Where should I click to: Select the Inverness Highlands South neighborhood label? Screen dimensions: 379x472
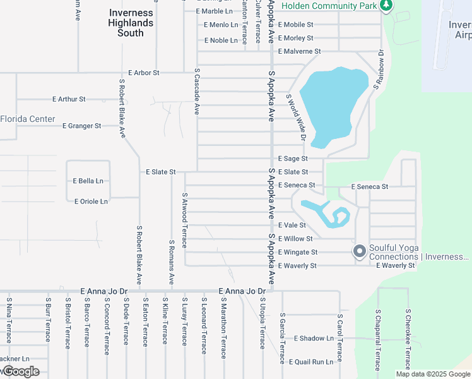tap(131, 23)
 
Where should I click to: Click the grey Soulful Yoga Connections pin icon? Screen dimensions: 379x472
tap(360, 252)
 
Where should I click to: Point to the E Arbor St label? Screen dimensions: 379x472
tap(143, 73)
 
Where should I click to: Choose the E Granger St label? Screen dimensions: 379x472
tap(81, 126)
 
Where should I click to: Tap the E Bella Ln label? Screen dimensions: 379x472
tap(88, 181)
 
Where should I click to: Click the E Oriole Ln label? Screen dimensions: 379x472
tap(91, 202)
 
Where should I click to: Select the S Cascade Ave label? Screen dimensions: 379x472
tap(197, 91)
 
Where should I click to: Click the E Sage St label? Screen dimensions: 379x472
tap(293, 159)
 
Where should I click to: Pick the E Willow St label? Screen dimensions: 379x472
tap(295, 239)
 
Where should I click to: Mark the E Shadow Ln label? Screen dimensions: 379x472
tap(314, 339)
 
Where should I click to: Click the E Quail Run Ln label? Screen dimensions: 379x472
tap(310, 362)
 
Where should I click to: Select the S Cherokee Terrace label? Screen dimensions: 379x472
tap(408, 339)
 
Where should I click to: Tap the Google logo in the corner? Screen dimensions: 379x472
tap(20, 371)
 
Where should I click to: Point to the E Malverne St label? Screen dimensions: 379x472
tap(299, 51)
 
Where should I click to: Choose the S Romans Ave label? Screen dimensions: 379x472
tap(171, 262)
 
